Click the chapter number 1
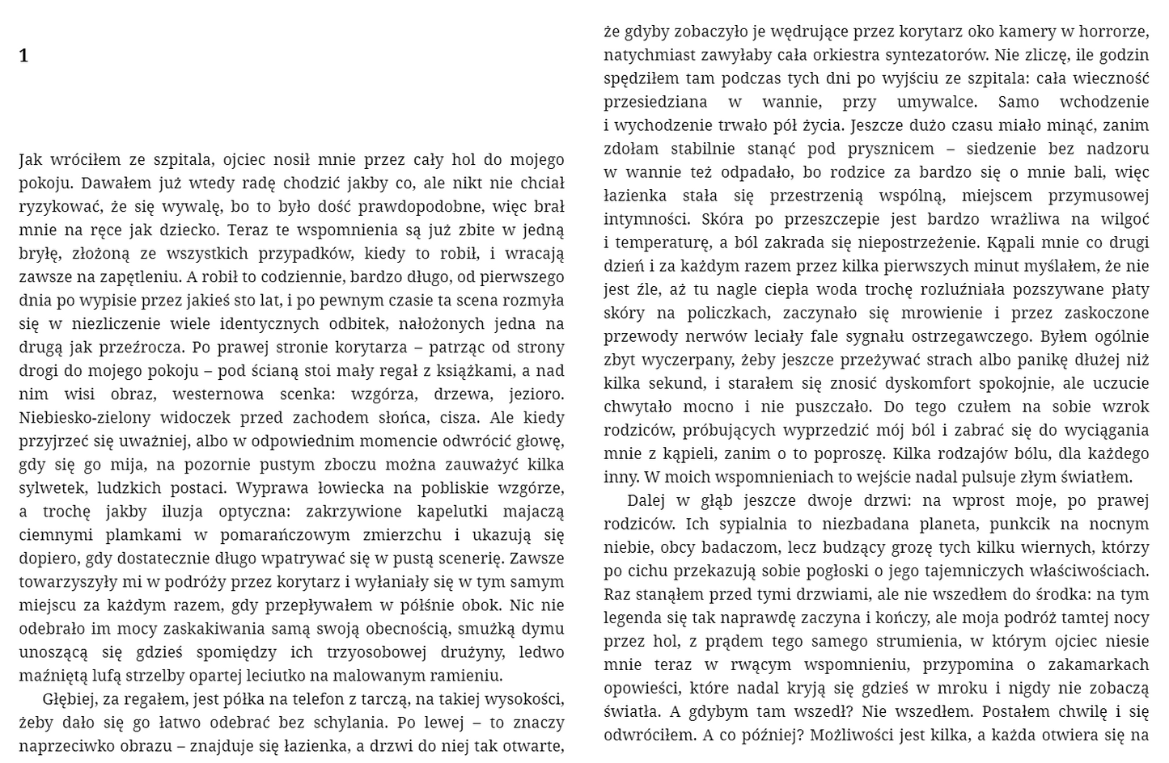(23, 56)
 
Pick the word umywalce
(937, 102)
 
